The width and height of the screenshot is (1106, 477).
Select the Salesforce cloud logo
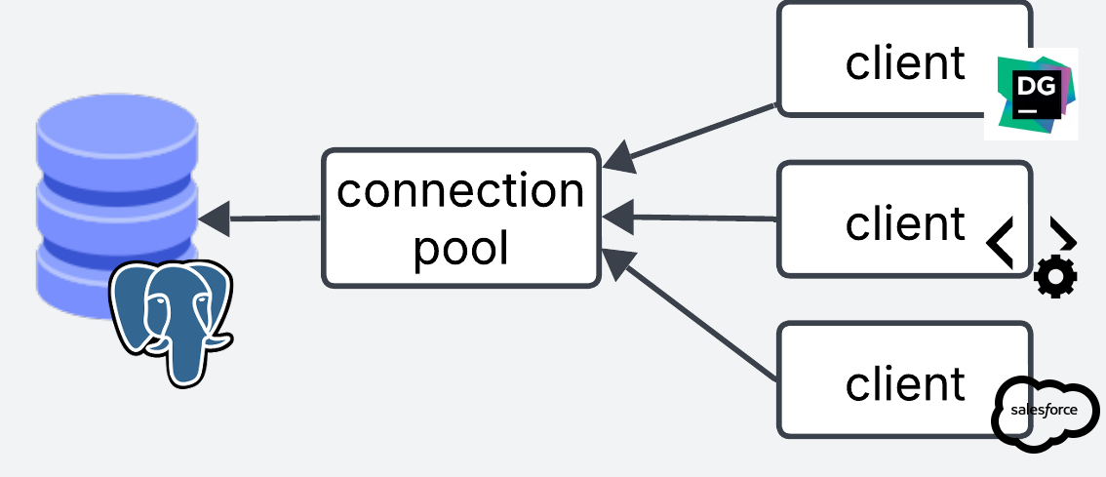coord(1044,413)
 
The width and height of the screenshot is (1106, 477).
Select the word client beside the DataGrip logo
coord(905,62)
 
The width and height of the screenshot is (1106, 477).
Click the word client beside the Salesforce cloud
coord(905,383)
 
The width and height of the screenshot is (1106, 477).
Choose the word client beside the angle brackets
coord(905,223)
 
